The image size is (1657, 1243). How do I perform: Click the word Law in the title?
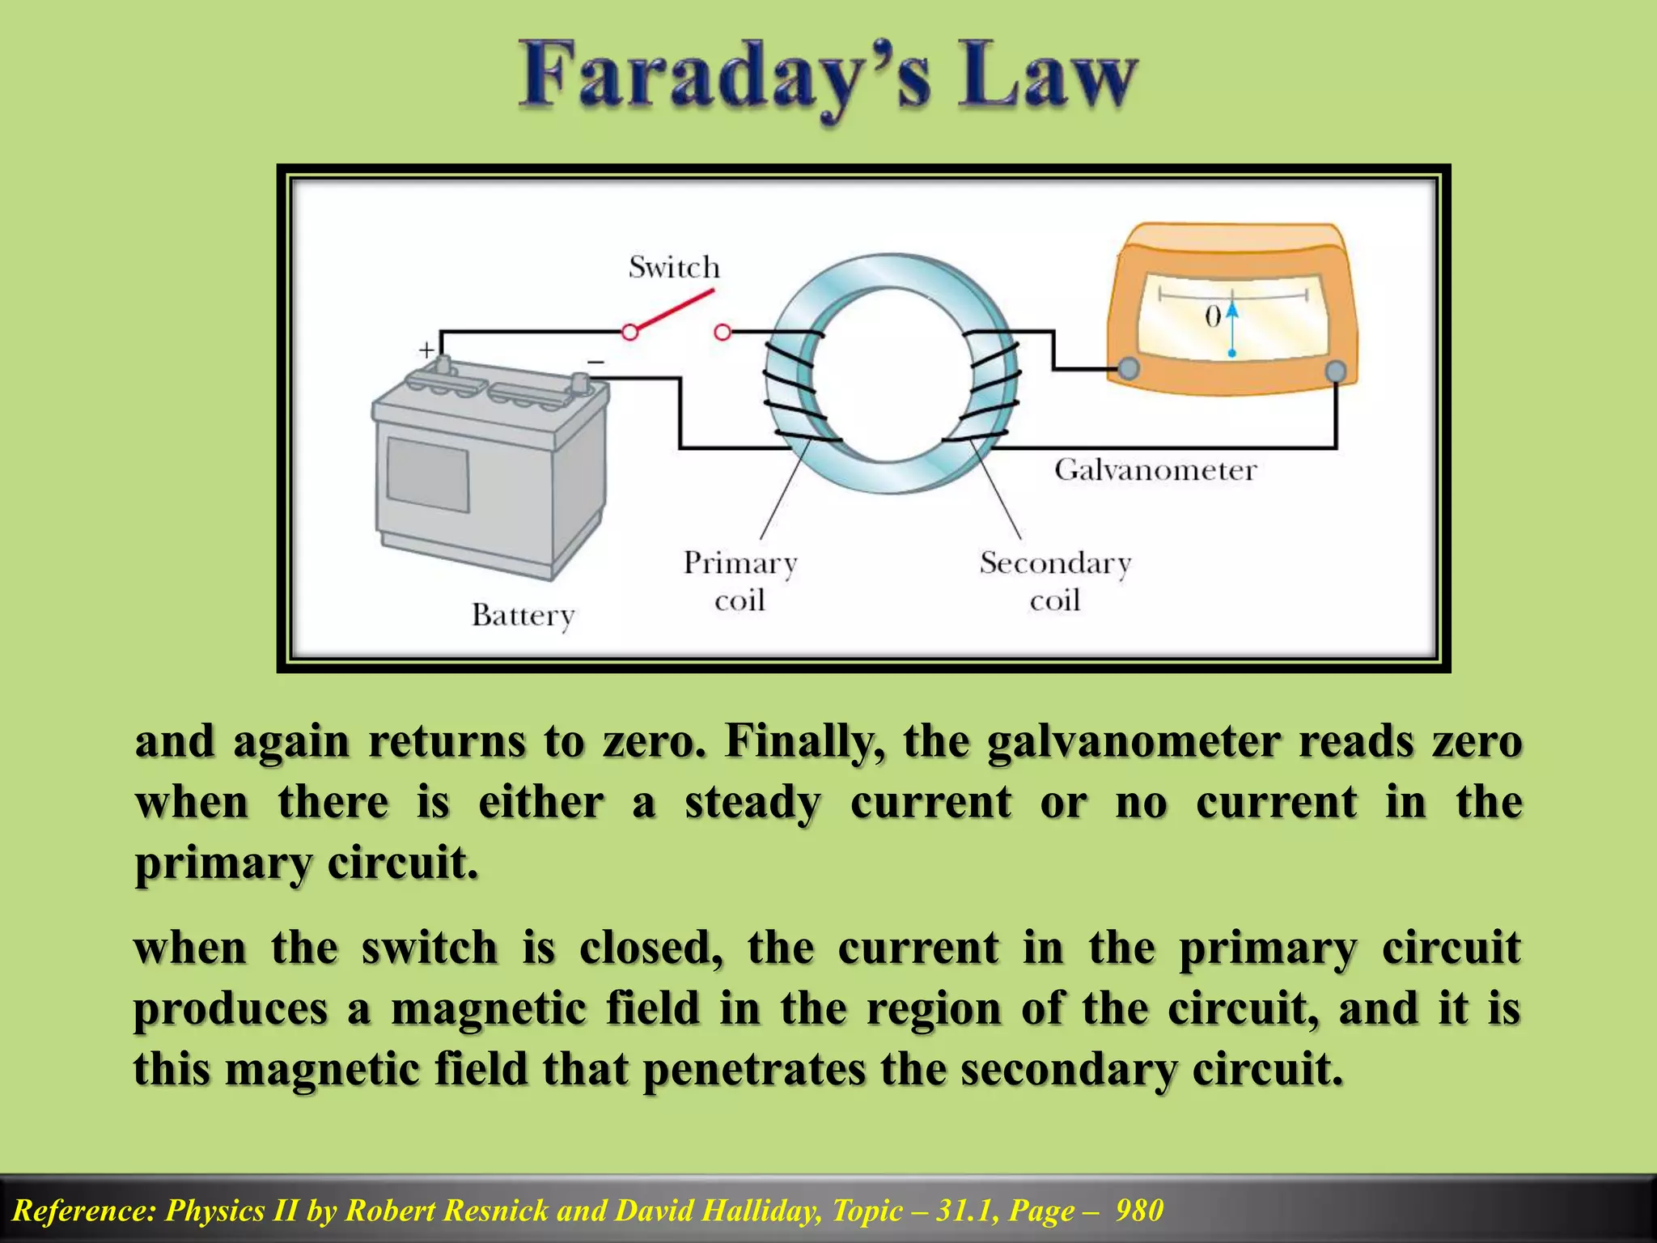point(1048,79)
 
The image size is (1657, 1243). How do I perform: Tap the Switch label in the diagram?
point(674,267)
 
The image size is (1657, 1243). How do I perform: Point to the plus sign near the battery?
point(426,350)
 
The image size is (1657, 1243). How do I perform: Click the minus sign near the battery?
point(595,362)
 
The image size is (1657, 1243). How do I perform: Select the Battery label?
point(523,615)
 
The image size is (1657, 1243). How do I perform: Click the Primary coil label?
point(740,581)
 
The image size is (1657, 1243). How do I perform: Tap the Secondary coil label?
point(1055,581)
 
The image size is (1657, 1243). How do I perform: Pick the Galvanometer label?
point(1155,469)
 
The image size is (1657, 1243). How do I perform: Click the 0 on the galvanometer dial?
point(1212,316)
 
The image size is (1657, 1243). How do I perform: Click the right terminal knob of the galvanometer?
point(1336,371)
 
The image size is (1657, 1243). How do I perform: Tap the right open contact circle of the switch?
point(723,332)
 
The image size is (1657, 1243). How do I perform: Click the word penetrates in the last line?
point(754,1069)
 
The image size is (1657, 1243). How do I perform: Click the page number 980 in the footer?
point(1139,1211)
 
